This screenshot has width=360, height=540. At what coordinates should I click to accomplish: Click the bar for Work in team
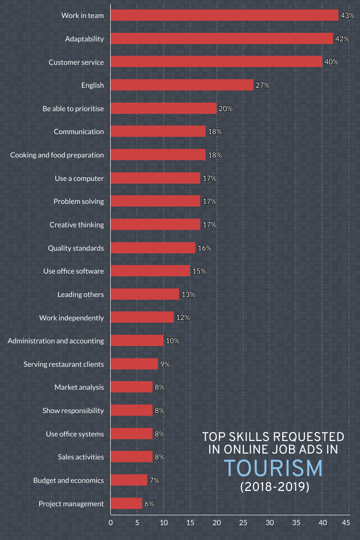[224, 15]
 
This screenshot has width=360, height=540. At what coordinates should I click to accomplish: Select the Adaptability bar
[221, 39]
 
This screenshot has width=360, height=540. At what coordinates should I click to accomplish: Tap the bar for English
[182, 85]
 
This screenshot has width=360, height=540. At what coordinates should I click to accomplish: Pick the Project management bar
[126, 504]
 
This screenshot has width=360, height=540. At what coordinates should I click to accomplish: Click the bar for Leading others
[144, 294]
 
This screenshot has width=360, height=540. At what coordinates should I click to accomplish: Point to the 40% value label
[331, 62]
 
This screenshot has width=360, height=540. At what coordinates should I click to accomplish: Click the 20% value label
[225, 108]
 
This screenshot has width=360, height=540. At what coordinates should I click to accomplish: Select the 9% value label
[165, 364]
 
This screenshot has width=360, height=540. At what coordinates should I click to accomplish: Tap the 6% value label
[149, 504]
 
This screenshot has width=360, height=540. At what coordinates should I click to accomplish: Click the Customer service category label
[76, 62]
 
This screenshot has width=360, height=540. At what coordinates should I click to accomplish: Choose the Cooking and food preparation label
[57, 155]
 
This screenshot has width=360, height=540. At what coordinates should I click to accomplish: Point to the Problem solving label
[78, 201]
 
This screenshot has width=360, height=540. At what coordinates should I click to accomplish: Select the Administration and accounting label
[56, 341]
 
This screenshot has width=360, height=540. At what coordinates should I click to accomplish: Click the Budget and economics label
[68, 480]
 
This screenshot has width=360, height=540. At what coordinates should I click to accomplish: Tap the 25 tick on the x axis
[243, 522]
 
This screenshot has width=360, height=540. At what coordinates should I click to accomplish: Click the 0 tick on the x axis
[111, 522]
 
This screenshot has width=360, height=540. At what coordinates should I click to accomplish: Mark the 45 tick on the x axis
[346, 522]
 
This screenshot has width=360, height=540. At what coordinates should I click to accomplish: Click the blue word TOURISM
[274, 468]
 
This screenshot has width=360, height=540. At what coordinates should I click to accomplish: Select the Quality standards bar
[153, 248]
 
